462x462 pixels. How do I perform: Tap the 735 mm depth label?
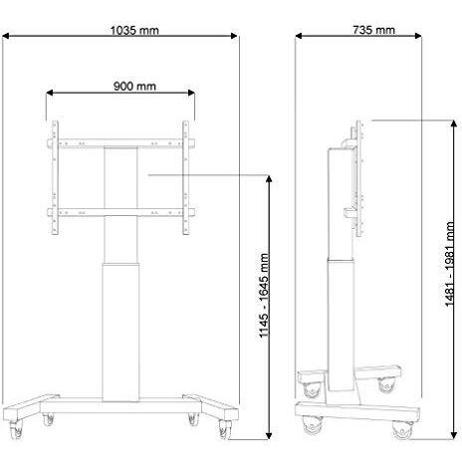pyautogui.click(x=373, y=30)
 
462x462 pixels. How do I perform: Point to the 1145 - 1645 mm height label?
pyautogui.click(x=265, y=295)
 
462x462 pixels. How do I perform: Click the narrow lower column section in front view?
pyautogui.click(x=120, y=329)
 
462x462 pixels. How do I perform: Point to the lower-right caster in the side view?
pyautogui.click(x=402, y=428)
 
